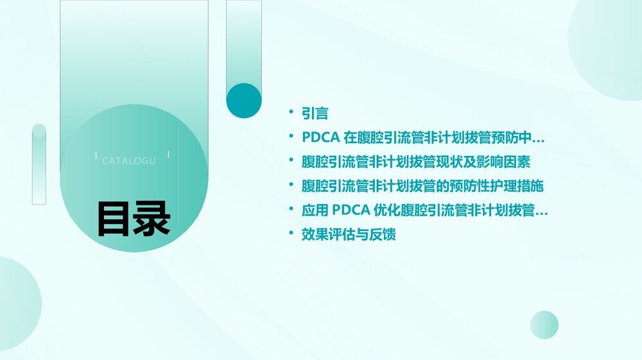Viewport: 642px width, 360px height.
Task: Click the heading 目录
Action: click(134, 219)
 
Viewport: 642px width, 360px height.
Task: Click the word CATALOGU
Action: click(129, 161)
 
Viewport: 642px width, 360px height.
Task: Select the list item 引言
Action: click(315, 114)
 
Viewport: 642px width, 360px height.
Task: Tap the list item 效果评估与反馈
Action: click(349, 234)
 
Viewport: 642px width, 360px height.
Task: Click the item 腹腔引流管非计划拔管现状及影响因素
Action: click(416, 162)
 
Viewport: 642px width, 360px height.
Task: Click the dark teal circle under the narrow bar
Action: click(244, 101)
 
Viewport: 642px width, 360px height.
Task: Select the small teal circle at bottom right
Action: click(544, 325)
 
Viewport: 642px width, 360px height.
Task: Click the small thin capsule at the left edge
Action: click(39, 164)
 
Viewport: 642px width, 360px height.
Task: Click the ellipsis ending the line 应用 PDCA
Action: click(542, 212)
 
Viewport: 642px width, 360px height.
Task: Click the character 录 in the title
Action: click(152, 219)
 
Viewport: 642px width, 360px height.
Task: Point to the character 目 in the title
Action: click(115, 219)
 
